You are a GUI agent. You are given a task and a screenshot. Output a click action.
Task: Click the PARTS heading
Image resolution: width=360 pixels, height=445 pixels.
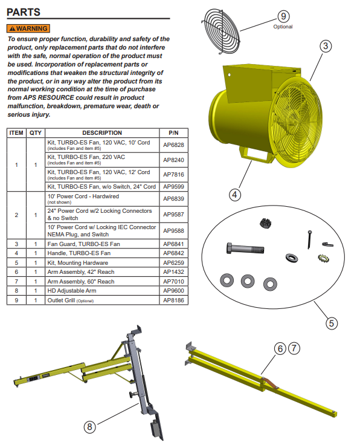[x=24, y=11]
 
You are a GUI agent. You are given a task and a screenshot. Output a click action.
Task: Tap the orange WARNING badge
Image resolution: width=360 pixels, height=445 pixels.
[x=28, y=28]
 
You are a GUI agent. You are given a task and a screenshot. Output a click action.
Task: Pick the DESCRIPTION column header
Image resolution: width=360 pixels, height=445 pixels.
[x=101, y=133]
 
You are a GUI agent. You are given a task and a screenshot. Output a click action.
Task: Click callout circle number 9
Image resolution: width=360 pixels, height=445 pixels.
[x=283, y=16]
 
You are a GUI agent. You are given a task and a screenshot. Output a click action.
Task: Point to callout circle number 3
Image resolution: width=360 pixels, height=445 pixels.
[x=325, y=46]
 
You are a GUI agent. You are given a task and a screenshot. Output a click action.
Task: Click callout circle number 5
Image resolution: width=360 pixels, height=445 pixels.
[x=331, y=323]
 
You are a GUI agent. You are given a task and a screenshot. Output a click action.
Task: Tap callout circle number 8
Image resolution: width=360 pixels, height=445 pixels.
[x=89, y=426]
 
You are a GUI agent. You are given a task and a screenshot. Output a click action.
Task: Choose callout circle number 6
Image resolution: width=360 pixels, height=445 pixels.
[x=280, y=348]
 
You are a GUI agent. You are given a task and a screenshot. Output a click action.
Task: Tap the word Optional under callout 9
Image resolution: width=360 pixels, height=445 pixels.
[x=283, y=27]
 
